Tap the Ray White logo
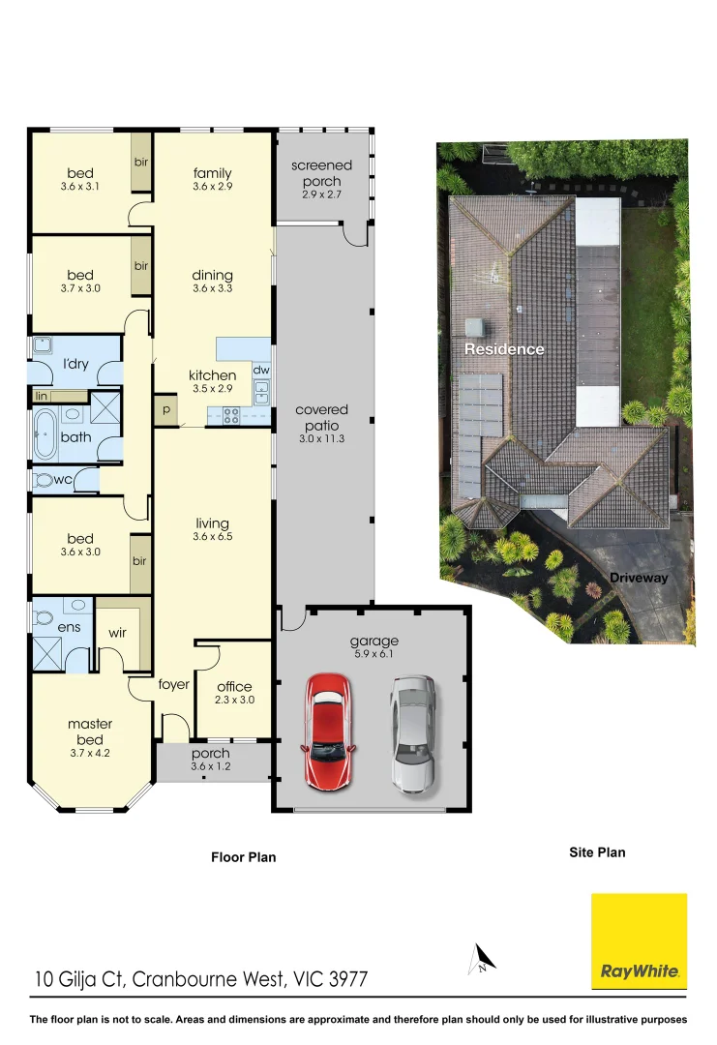(639, 941)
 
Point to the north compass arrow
(482, 960)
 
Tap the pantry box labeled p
(165, 409)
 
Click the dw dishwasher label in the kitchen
(259, 370)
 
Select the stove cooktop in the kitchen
(232, 415)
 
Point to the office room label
(234, 687)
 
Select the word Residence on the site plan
(503, 349)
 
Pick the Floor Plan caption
(244, 856)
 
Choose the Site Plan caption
(596, 852)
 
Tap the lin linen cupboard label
(42, 397)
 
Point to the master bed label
(90, 731)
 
